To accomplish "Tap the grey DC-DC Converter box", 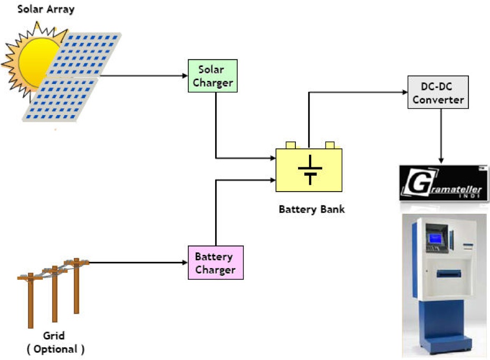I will pos(438,92).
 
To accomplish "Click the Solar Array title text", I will pos(46,9).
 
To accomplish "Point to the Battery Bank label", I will pos(311,209).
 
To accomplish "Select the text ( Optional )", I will pos(55,349).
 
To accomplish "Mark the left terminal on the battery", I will pos(290,145).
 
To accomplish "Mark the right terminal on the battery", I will pos(330,145).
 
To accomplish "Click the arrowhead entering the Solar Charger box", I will pos(185,76).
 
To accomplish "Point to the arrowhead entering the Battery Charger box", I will pos(185,262).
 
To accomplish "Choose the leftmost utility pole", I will pos(31,301).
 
